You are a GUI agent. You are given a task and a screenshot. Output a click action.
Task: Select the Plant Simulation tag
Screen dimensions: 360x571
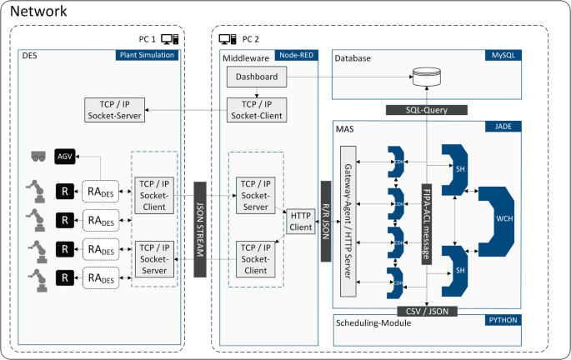click(x=148, y=56)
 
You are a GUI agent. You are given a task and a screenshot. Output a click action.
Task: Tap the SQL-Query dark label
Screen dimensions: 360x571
click(x=426, y=110)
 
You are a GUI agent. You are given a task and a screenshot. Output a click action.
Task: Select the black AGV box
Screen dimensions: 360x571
click(x=65, y=156)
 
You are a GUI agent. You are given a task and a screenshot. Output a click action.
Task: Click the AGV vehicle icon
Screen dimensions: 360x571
click(x=38, y=156)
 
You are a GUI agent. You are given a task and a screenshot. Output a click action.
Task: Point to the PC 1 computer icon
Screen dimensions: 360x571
click(x=169, y=38)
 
